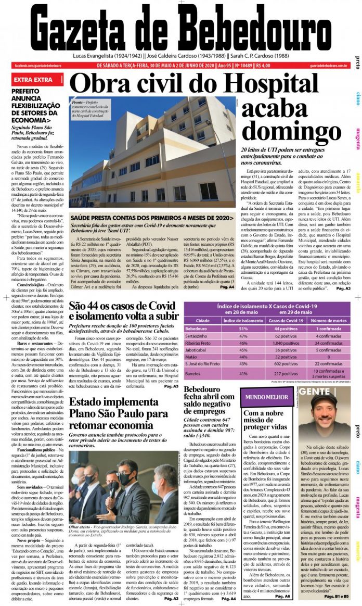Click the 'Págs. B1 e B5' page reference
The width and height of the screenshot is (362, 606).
(x=337, y=596)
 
